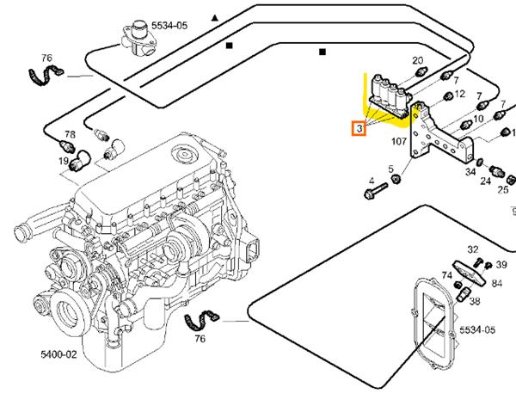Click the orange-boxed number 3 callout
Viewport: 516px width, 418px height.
(359, 129)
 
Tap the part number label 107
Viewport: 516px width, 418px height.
(399, 141)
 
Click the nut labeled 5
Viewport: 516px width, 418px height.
(396, 179)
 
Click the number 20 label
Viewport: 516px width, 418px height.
(418, 61)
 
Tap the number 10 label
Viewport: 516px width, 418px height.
(478, 119)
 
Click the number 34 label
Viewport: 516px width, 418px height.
(470, 172)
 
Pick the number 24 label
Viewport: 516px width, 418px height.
(486, 181)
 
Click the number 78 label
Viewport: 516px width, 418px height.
(70, 135)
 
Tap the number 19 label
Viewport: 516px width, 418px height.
(64, 161)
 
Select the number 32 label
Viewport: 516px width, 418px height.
(472, 249)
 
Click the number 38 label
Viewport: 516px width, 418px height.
(474, 302)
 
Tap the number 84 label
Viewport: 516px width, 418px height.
(497, 283)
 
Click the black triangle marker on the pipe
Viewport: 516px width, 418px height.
(215, 17)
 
